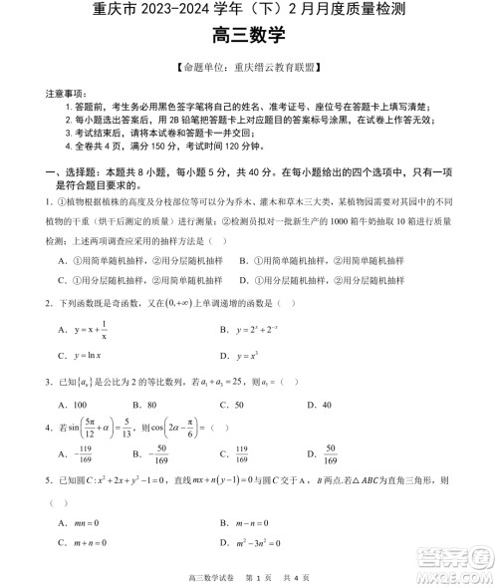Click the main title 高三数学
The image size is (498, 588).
(x=248, y=36)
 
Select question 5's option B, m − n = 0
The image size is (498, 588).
(x=248, y=523)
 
